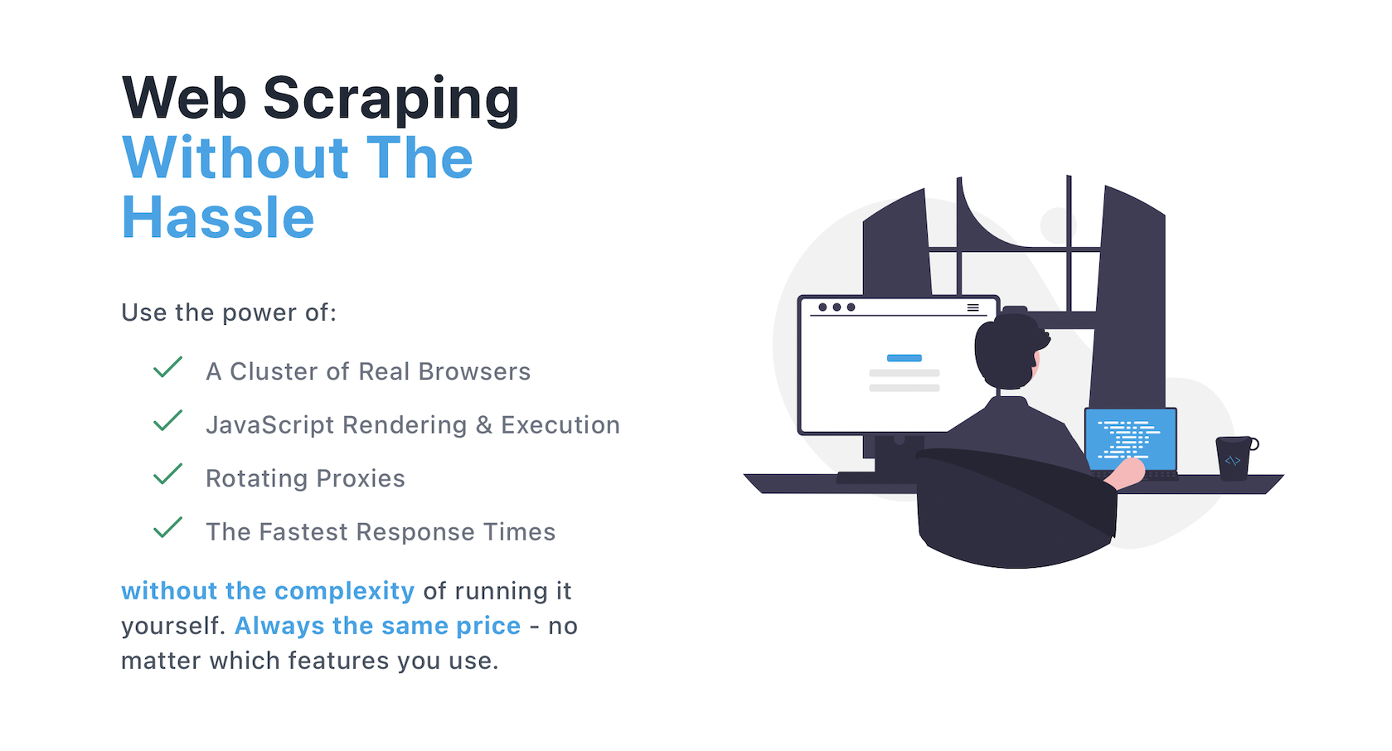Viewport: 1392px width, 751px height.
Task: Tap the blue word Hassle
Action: pyautogui.click(x=218, y=218)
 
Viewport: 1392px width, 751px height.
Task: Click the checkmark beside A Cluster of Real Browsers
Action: pyautogui.click(x=167, y=367)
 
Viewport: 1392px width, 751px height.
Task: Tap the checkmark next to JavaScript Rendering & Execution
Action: pyautogui.click(x=167, y=420)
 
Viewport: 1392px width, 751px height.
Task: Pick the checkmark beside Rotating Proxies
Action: pyautogui.click(x=167, y=474)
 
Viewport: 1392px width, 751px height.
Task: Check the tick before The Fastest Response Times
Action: pyautogui.click(x=167, y=527)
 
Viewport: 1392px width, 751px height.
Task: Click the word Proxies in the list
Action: pyautogui.click(x=361, y=478)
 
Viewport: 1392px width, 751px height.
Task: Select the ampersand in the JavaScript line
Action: pyautogui.click(x=483, y=425)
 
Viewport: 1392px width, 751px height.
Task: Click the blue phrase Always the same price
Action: pyautogui.click(x=377, y=626)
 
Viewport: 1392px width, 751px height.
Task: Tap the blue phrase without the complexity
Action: pyautogui.click(x=267, y=591)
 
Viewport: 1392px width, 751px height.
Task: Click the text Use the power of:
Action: pyautogui.click(x=229, y=313)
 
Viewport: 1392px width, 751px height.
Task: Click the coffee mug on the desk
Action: pyautogui.click(x=1234, y=458)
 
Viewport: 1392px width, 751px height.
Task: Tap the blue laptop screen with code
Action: pyautogui.click(x=1130, y=438)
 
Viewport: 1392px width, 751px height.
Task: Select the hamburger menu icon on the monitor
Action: pyautogui.click(x=972, y=308)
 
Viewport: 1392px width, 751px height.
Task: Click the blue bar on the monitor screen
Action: pyautogui.click(x=904, y=358)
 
